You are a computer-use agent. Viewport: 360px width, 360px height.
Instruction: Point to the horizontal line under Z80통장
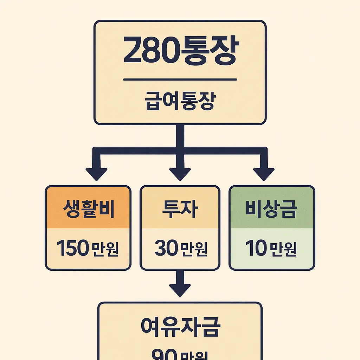tap(180, 79)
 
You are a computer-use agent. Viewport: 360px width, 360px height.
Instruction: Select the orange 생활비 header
tap(88, 208)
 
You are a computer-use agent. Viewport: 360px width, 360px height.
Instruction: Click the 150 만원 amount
tap(88, 249)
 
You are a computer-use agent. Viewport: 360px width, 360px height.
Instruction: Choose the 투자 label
tap(180, 208)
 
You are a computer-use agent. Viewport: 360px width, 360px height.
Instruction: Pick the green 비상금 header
tap(272, 208)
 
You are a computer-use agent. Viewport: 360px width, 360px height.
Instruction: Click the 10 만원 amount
tap(272, 249)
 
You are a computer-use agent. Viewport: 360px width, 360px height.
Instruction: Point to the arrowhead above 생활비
tap(97, 173)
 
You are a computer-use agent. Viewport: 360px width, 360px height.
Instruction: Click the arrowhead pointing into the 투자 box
tap(180, 173)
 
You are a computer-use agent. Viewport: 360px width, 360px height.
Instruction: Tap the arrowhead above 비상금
tap(264, 173)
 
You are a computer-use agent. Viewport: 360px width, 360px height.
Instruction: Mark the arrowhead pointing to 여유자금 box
tap(180, 289)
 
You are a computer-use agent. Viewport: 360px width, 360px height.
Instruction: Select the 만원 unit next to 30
tap(193, 249)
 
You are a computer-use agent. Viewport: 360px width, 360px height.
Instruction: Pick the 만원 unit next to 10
tap(283, 249)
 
